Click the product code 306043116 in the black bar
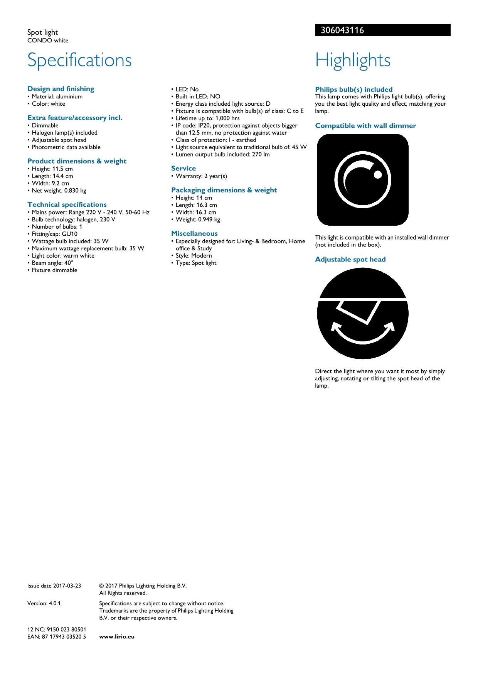coord(342,30)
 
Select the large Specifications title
coord(79,60)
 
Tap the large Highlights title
coord(353,60)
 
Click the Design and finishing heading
coord(61,89)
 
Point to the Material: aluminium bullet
coord(57,96)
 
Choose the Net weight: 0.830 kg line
coord(59,191)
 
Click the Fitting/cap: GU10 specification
coord(54,234)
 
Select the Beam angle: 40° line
coord(52,263)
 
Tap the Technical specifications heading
coord(67,204)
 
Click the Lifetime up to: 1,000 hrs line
coord(207,118)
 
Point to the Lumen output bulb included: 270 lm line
coord(222,154)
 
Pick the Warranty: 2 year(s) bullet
coord(201,176)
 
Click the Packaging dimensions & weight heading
coord(224,190)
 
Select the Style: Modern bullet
coord(194,255)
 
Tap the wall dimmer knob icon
coord(363,180)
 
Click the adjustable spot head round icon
coord(363,313)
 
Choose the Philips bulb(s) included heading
coord(354,89)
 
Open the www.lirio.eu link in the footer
coord(117,636)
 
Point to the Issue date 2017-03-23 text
coord(54,586)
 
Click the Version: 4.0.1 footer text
coord(44,603)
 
